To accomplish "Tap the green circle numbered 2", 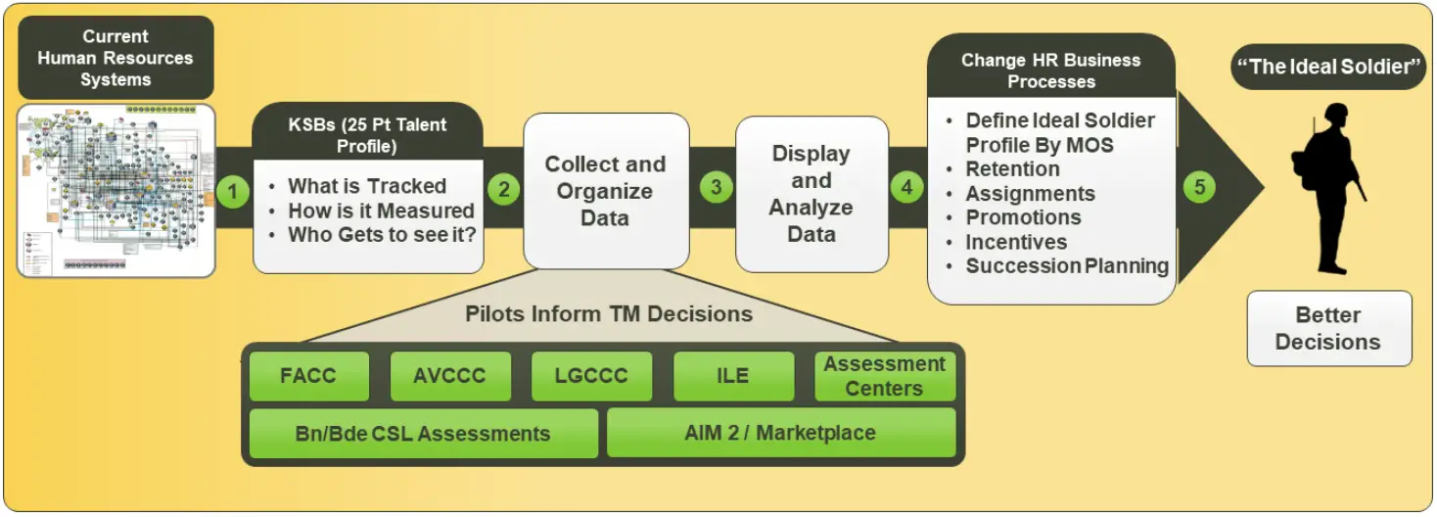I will point(504,189).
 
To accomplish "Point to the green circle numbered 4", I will point(906,187).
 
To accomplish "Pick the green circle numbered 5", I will point(1199,187).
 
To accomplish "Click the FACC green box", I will point(308,377).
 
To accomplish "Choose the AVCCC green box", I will point(450,377).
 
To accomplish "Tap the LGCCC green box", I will point(591,377).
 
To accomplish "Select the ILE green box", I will point(733,377).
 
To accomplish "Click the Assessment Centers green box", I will point(884,377).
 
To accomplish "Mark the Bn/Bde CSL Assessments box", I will point(423,433).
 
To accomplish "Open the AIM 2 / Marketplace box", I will point(780,433).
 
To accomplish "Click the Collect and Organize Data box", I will point(605,191).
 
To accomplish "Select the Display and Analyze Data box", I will point(811,194).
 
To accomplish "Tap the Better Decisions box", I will point(1327,329).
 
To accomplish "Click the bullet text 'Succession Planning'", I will point(1067,266).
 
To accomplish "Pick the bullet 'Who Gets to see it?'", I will point(381,235).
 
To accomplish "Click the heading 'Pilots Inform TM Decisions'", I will point(609,314).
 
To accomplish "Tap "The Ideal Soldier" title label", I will point(1328,69).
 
